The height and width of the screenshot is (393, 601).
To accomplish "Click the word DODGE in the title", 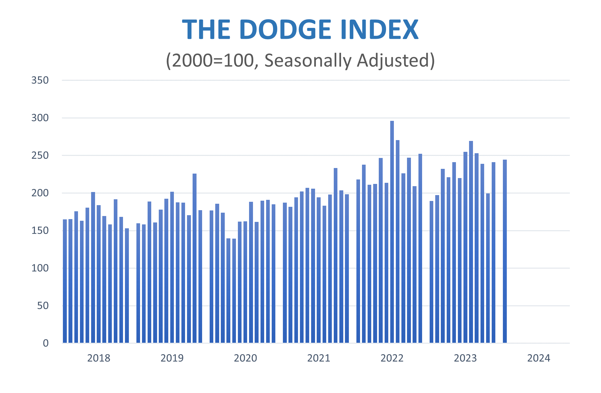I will (x=285, y=30).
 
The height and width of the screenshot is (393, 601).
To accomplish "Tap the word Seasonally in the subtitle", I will (x=308, y=61).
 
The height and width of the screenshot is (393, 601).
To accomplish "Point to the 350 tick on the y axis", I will (x=40, y=80).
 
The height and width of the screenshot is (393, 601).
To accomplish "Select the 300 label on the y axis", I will (x=40, y=118).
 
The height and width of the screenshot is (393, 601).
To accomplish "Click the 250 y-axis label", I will (x=40, y=155).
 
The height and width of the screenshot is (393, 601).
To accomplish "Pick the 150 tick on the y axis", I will (x=40, y=231).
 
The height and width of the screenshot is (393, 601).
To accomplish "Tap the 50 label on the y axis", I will (x=43, y=306).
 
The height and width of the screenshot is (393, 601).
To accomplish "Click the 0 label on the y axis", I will (x=46, y=343).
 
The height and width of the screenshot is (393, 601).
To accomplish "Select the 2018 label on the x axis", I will (x=99, y=358).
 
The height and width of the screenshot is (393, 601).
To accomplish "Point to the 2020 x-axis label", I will (x=245, y=358).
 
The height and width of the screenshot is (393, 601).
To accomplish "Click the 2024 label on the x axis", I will (x=538, y=358).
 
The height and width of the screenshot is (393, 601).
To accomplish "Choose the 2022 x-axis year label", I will (x=392, y=358).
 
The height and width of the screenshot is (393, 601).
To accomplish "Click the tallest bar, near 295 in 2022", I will (x=392, y=232).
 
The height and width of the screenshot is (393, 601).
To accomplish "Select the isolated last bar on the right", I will (x=505, y=251).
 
